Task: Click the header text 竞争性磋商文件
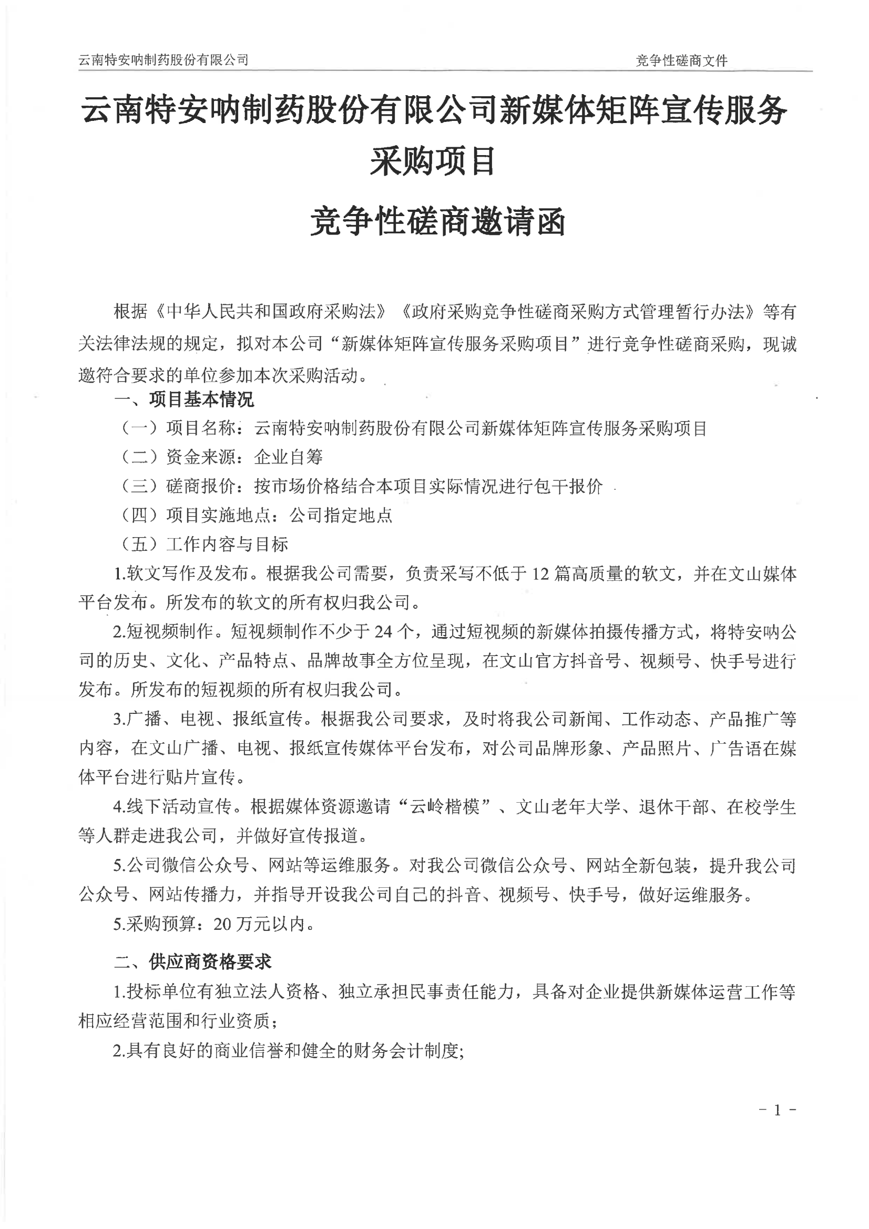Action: [681, 61]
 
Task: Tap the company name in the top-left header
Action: [163, 60]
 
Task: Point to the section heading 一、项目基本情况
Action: [185, 400]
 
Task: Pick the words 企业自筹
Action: [289, 457]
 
